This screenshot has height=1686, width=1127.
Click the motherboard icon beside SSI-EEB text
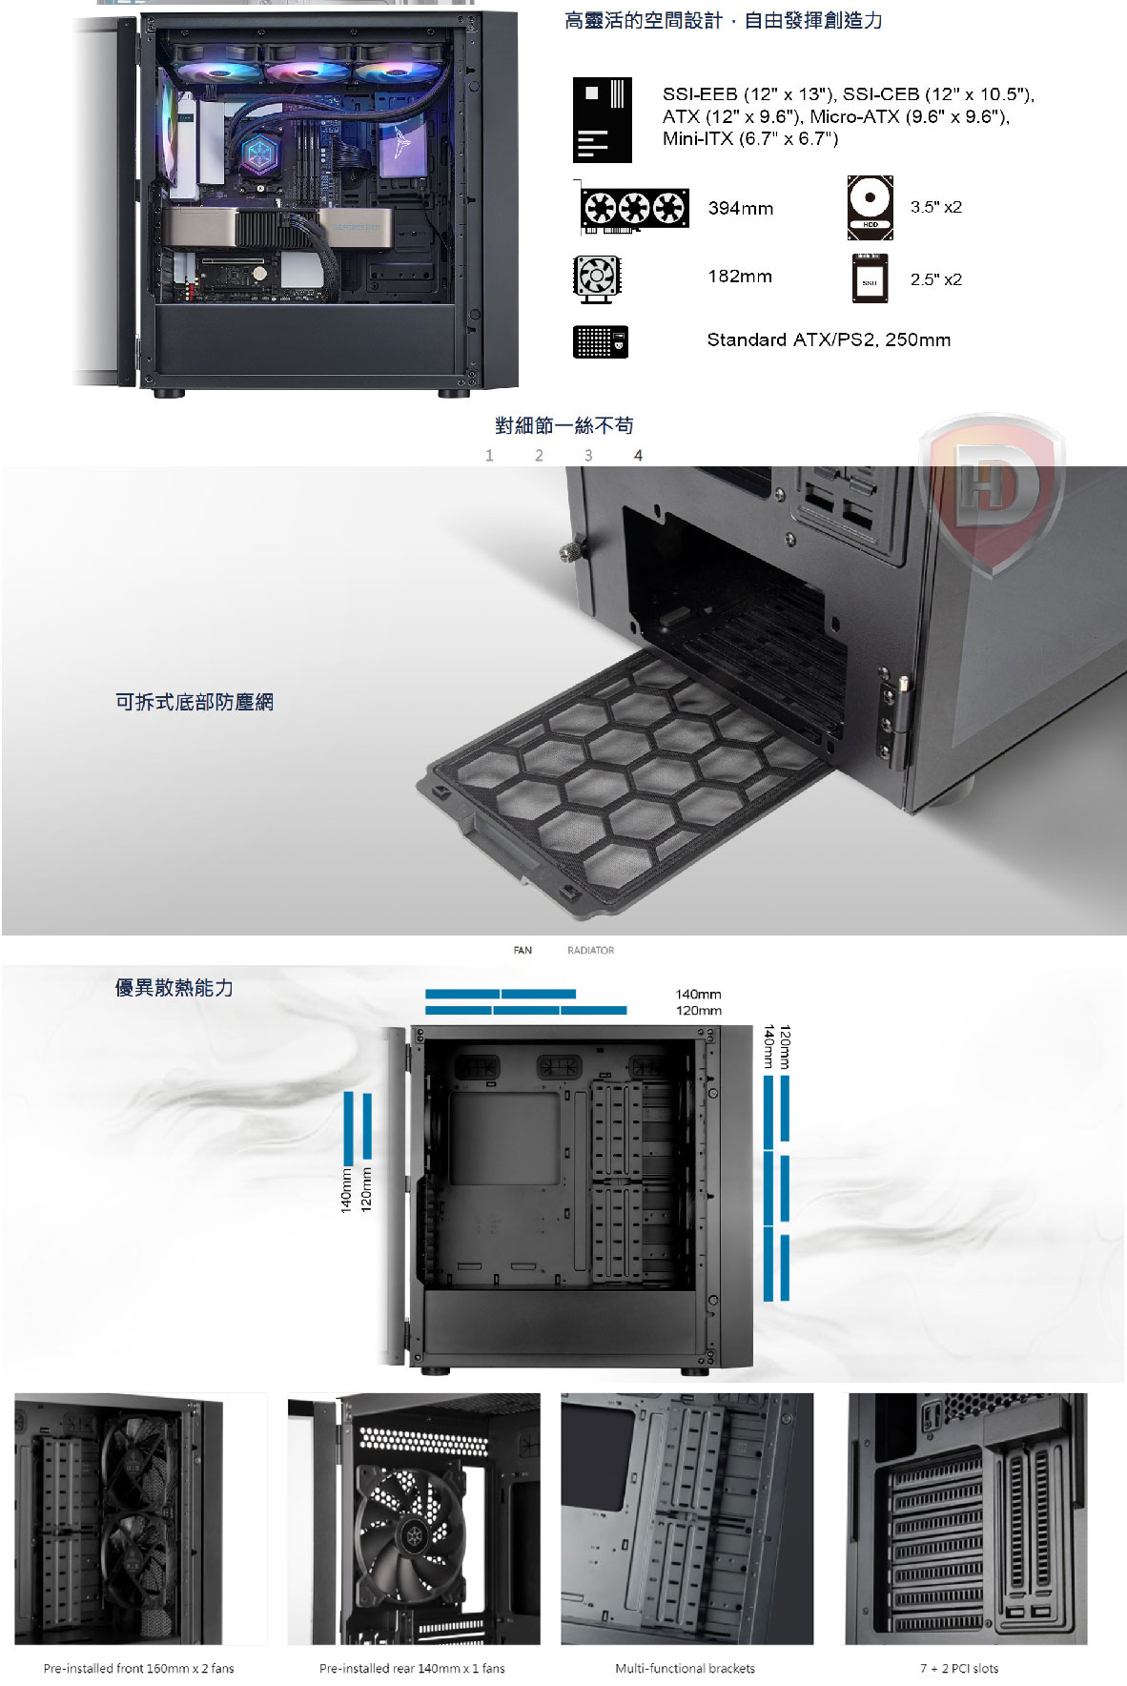point(603,120)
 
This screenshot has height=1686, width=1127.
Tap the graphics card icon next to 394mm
point(634,208)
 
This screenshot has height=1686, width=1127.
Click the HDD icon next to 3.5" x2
point(870,208)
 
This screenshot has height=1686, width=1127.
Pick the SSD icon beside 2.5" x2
point(869,279)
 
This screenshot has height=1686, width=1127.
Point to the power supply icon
point(601,341)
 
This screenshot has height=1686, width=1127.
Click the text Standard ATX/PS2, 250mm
point(829,339)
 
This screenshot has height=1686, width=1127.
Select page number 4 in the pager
point(638,456)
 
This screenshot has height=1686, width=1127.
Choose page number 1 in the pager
point(489,456)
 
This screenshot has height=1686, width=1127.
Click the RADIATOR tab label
point(590,950)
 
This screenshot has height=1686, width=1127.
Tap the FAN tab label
point(523,950)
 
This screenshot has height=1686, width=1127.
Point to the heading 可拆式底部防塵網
point(195,702)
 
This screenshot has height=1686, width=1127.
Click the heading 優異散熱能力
point(174,988)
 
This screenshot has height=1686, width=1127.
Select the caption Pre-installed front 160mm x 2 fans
point(138,1668)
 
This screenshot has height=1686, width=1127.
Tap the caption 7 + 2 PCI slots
point(959,1668)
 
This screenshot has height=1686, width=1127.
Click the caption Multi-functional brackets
point(685,1668)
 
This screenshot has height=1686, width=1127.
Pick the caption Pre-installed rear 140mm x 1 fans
point(412,1668)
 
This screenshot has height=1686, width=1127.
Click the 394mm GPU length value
point(741,208)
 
